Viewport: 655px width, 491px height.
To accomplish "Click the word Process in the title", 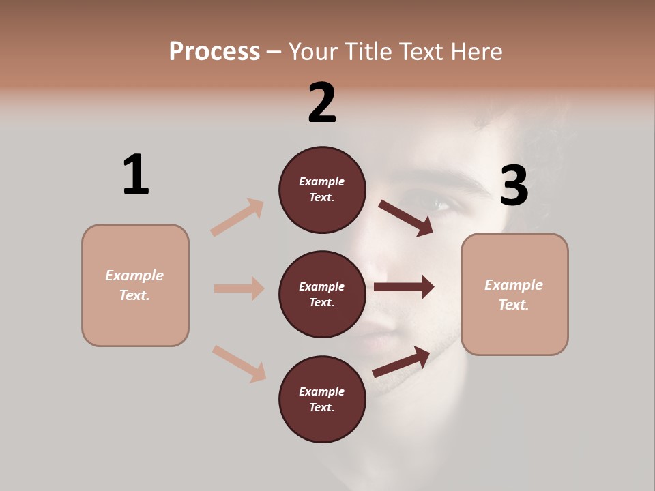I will point(214,51).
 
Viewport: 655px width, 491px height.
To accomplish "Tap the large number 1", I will point(136,175).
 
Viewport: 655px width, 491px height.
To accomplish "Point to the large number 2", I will point(322,103).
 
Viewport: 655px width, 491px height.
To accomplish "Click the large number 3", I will point(514,185).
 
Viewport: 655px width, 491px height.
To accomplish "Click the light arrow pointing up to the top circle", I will point(237,217).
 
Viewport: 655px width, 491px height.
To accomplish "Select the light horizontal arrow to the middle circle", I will point(239,288).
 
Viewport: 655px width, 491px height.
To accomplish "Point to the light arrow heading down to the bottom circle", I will point(239,363).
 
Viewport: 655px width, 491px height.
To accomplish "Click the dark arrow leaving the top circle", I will point(406,218).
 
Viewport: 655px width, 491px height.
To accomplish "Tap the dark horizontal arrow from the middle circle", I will point(404,287).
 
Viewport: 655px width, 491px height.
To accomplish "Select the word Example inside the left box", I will point(134,276).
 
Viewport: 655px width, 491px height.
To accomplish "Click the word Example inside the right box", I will point(514,285).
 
